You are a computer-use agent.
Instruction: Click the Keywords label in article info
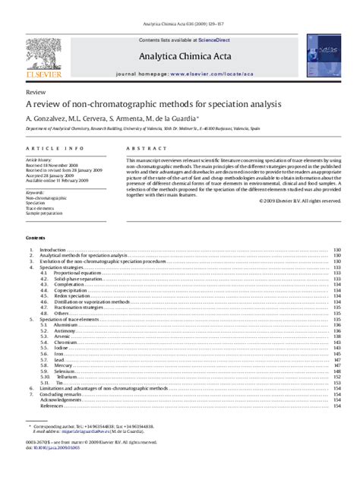coord(35,192)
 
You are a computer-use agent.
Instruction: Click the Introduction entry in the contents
coord(52,250)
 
